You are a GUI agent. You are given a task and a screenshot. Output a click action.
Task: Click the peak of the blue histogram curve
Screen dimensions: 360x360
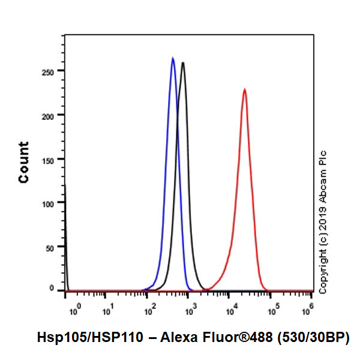coord(173,58)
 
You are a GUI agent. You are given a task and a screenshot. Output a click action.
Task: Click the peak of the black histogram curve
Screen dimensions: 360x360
coord(182,62)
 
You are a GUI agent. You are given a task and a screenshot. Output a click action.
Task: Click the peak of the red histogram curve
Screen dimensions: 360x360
coord(245,89)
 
